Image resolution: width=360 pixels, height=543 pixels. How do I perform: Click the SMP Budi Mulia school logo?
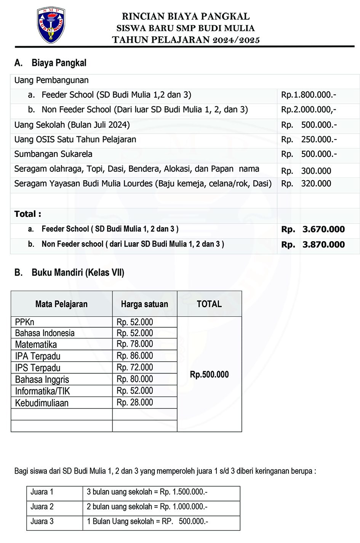(x=51, y=25)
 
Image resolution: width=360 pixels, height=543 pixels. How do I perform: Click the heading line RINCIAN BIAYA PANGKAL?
(x=186, y=16)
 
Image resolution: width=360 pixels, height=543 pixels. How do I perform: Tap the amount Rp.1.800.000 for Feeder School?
(x=309, y=95)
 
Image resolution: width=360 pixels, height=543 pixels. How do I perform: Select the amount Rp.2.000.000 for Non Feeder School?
(x=309, y=110)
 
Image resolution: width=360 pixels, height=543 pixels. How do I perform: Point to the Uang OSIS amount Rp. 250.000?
(x=309, y=139)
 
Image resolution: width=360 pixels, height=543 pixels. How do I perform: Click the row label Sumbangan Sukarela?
(x=53, y=154)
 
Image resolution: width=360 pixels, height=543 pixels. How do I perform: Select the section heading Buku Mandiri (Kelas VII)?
(x=78, y=272)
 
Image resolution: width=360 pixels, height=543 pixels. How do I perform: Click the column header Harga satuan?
(x=144, y=304)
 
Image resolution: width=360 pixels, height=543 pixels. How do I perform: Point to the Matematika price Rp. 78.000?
(x=135, y=344)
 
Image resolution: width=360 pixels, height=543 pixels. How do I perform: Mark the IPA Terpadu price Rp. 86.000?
(x=135, y=356)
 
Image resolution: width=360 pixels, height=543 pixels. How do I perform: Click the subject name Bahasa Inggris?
(x=42, y=380)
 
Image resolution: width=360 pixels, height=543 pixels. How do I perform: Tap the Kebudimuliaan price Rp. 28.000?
(x=135, y=403)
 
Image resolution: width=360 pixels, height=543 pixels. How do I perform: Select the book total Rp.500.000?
(x=210, y=375)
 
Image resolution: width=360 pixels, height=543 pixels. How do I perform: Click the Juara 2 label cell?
(x=42, y=507)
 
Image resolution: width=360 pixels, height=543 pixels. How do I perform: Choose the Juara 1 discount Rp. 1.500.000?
(x=184, y=492)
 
